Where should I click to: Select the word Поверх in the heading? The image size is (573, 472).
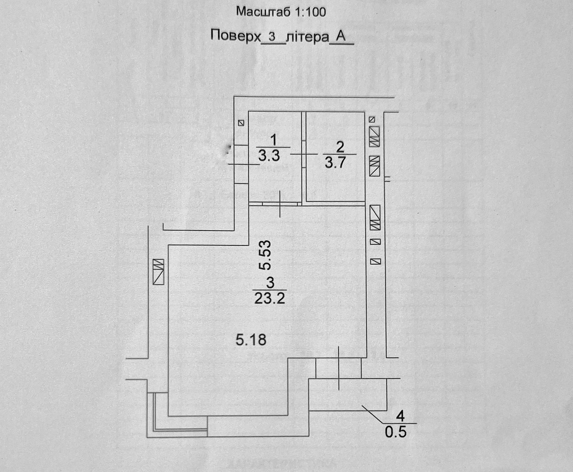(236, 36)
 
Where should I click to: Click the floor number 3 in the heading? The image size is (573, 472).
(271, 37)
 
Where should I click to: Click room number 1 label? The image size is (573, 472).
(274, 140)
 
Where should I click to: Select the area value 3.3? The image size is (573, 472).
(269, 156)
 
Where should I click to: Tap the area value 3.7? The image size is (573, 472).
(335, 162)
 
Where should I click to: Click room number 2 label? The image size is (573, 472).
(340, 147)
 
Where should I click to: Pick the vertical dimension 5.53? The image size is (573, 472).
(265, 254)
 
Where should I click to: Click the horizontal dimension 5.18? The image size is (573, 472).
(251, 339)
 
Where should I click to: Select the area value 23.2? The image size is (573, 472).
(269, 299)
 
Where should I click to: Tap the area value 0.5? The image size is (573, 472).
(395, 432)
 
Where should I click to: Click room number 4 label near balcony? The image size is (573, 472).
(401, 416)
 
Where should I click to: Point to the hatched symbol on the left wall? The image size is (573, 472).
(159, 271)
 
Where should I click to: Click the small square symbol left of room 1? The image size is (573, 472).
(241, 123)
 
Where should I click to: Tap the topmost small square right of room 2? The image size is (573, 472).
(372, 119)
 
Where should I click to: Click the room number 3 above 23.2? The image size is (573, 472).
(270, 282)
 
